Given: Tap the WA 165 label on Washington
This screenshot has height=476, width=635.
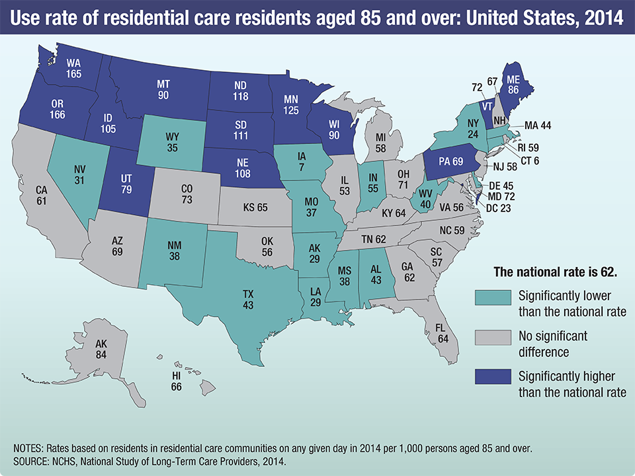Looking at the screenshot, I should coord(74,69).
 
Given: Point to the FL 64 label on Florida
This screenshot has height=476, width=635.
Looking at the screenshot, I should coord(442,333).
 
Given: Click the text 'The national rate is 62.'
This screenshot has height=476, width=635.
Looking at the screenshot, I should coord(556,272).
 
